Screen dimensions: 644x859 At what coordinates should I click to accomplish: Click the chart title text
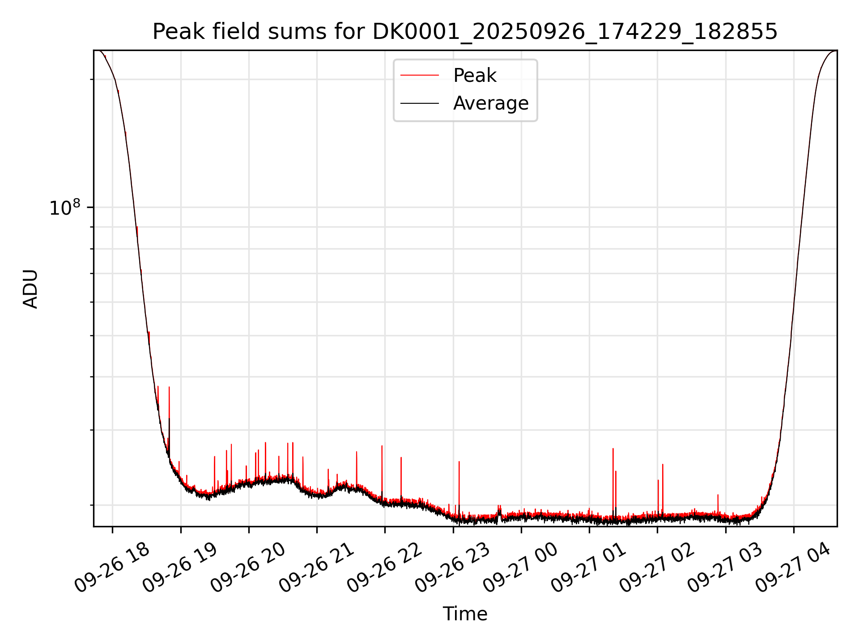point(465,32)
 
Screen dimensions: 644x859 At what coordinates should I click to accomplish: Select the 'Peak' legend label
point(475,76)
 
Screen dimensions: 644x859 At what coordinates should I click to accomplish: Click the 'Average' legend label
point(491,103)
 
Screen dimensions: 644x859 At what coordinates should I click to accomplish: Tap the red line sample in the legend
point(419,76)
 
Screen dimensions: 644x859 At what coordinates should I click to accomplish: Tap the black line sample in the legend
point(419,103)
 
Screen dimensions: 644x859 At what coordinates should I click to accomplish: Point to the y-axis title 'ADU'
point(30,288)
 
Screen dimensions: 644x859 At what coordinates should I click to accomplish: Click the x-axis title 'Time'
point(465,614)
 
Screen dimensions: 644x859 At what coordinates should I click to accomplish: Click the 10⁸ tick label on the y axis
point(64,208)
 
